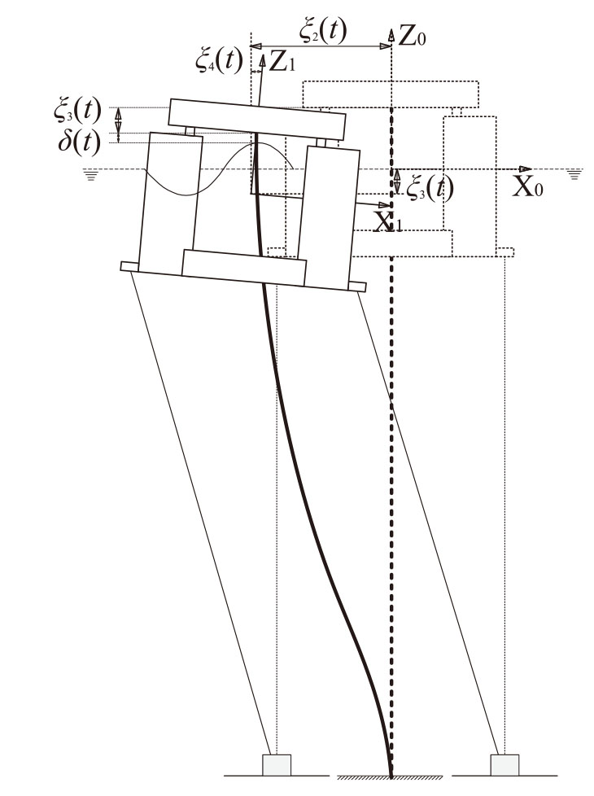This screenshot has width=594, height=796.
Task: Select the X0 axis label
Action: [x=527, y=187]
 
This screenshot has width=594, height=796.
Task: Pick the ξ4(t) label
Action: [x=220, y=61]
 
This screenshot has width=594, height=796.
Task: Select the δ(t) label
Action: [x=79, y=142]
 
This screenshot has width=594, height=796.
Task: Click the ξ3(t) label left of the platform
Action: [x=77, y=111]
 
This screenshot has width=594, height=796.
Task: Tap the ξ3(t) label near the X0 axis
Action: [x=430, y=188]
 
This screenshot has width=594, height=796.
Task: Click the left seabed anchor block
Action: [x=277, y=765]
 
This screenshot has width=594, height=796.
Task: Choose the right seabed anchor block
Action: [x=504, y=765]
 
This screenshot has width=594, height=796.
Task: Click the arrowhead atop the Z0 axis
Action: [x=391, y=34]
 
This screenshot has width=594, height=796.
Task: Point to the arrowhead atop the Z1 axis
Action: [x=263, y=61]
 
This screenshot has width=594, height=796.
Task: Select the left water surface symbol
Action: [x=91, y=176]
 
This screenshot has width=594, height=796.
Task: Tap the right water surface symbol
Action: [x=574, y=175]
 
